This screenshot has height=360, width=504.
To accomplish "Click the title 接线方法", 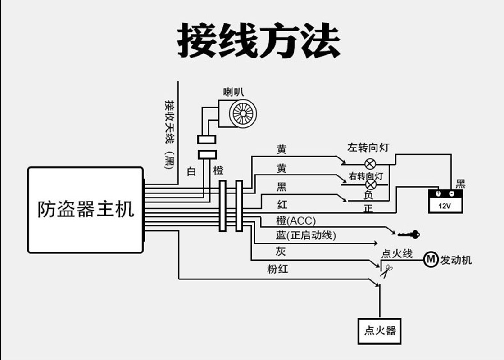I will [x=259, y=41].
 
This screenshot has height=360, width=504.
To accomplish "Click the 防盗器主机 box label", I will [x=86, y=210].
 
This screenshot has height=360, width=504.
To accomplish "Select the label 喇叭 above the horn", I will [x=233, y=92].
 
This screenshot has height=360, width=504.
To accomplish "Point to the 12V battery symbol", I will [x=445, y=201].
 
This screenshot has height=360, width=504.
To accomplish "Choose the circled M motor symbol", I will [x=431, y=259].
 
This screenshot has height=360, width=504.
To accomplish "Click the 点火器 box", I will [x=380, y=331].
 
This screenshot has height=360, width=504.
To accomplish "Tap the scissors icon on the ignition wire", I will [x=386, y=271].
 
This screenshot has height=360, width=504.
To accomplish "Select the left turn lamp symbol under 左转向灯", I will [x=370, y=162].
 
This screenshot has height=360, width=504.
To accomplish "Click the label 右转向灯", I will [x=366, y=176].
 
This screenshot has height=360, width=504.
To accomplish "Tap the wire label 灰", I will [x=281, y=251].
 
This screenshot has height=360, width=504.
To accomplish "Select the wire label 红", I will [x=282, y=205].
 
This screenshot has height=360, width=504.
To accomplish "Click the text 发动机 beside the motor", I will [x=456, y=260].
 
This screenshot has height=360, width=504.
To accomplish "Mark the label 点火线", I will [x=397, y=254].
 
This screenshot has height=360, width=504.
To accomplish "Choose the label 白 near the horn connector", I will [x=191, y=171].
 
